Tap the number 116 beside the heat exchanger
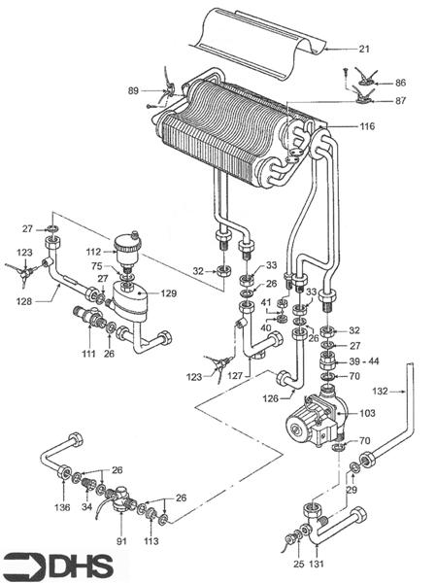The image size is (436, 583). pyautogui.click(x=367, y=127)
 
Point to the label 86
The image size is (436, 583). pyautogui.click(x=400, y=85)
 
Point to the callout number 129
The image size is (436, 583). pyautogui.click(x=168, y=292)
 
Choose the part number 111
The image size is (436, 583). pyautogui.click(x=88, y=355)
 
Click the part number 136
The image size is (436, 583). pyautogui.click(x=62, y=506)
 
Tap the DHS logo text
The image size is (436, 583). pyautogui.click(x=73, y=566)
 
